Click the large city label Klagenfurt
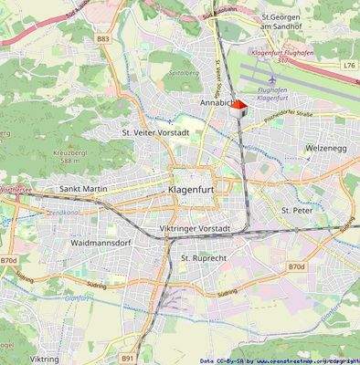click(x=198, y=189)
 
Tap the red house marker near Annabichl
click(x=239, y=109)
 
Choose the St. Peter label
click(x=298, y=210)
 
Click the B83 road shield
click(x=102, y=39)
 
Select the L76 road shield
click(x=350, y=66)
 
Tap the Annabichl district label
click(x=216, y=105)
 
